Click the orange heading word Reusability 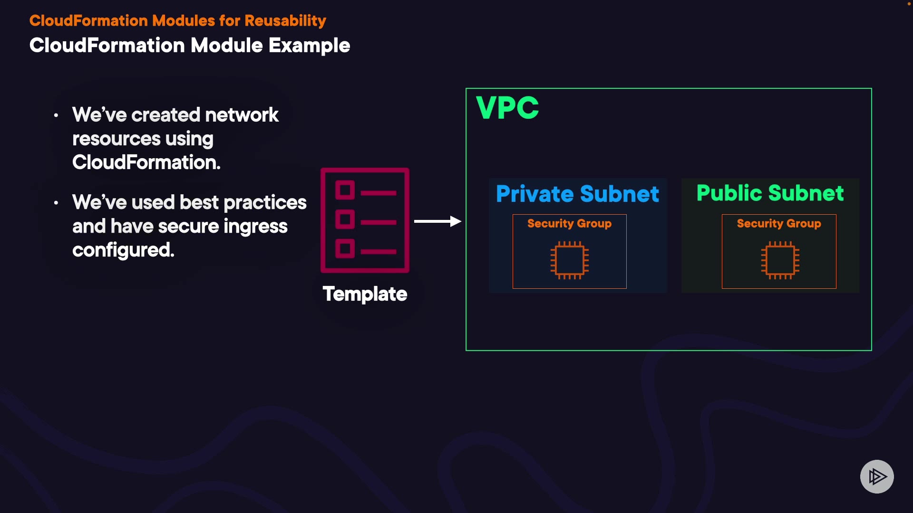coord(285,21)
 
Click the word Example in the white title coord(309,46)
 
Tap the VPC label coord(507,108)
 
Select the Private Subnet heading coord(577,194)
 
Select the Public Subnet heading coord(770,193)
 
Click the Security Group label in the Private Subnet coord(569,223)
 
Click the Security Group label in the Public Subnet coord(779,223)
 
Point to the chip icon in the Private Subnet coord(570,260)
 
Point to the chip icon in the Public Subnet coord(780,260)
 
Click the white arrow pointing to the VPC coord(437,221)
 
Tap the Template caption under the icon coord(365,294)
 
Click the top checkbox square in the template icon coord(345,190)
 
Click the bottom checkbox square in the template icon coord(345,248)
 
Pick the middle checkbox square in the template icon coord(345,219)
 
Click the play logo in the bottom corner coord(877,476)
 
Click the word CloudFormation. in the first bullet coord(146,162)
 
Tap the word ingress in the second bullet coord(255,227)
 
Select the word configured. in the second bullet coord(123,250)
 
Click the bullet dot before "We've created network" coord(56,115)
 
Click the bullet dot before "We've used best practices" coord(56,203)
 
